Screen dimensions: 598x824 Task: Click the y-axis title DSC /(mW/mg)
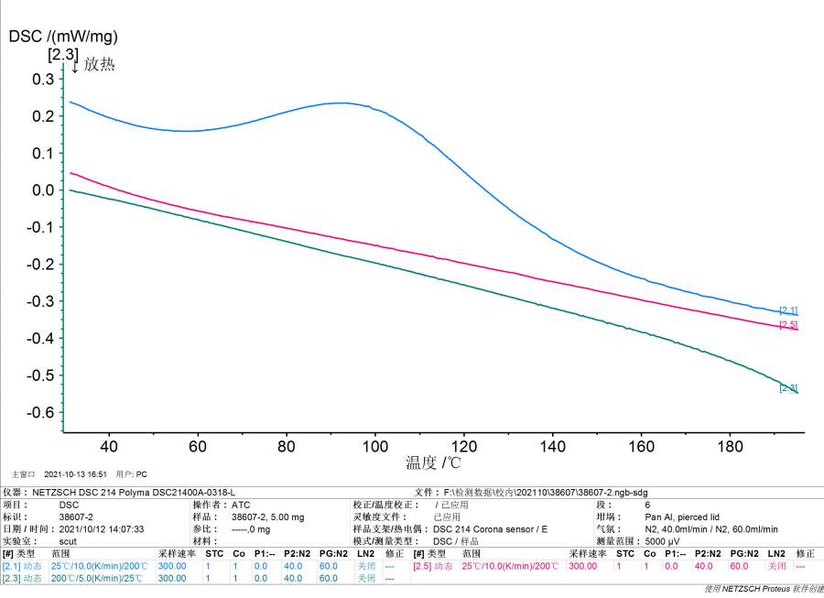point(63,37)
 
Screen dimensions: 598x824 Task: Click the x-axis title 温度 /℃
point(433,463)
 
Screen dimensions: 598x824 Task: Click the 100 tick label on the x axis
point(375,446)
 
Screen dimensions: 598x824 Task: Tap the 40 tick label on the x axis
point(109,446)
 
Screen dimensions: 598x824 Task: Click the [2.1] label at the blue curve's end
point(787,310)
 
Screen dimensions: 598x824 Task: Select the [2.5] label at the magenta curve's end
point(787,325)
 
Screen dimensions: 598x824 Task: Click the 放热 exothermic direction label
point(100,65)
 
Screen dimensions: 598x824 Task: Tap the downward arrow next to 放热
point(75,66)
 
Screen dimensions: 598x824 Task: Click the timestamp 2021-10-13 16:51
point(75,474)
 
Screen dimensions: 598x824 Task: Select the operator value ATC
point(241,505)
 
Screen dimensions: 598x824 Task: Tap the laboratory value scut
point(69,540)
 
